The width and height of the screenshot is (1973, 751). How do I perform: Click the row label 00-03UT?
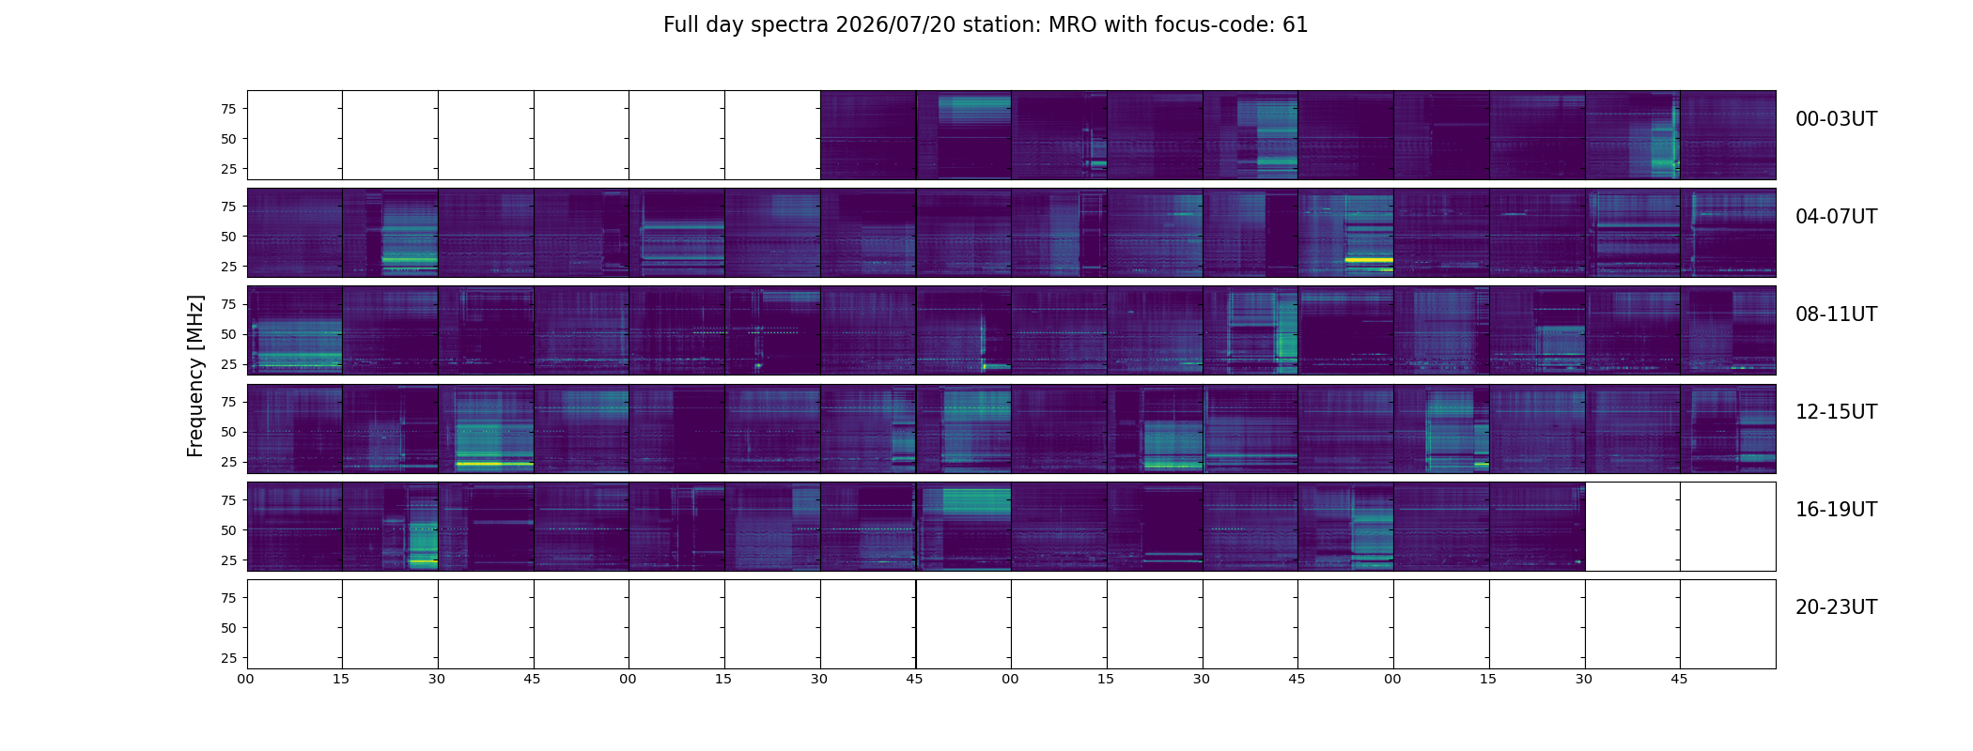pyautogui.click(x=1836, y=119)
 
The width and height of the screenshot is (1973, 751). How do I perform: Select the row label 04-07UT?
pyautogui.click(x=1836, y=217)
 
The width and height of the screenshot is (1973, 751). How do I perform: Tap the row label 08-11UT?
pyautogui.click(x=1836, y=314)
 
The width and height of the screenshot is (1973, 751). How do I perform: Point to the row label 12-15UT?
pyautogui.click(x=1836, y=412)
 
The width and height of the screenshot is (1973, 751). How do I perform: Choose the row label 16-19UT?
pyautogui.click(x=1836, y=510)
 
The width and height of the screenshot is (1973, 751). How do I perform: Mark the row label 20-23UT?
pyautogui.click(x=1836, y=607)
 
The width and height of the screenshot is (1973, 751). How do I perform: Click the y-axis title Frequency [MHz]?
pyautogui.click(x=195, y=376)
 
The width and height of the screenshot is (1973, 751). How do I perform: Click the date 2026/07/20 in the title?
pyautogui.click(x=896, y=25)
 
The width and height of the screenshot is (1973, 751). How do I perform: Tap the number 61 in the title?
pyautogui.click(x=1296, y=25)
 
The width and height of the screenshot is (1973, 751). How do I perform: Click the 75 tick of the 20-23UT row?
pyautogui.click(x=228, y=598)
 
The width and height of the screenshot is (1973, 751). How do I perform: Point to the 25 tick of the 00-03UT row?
pyautogui.click(x=228, y=169)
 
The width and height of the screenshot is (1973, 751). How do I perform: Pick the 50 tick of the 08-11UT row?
pyautogui.click(x=228, y=334)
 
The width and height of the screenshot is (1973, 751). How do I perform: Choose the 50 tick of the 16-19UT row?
pyautogui.click(x=228, y=530)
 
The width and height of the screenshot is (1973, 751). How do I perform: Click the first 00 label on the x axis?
pyautogui.click(x=246, y=679)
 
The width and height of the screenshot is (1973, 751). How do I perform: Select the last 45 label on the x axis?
pyautogui.click(x=1679, y=679)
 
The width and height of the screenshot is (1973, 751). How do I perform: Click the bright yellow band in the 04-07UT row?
pyautogui.click(x=1369, y=259)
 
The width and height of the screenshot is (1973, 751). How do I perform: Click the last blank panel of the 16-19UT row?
pyautogui.click(x=1728, y=527)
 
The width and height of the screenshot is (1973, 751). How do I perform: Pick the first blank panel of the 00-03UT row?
pyautogui.click(x=295, y=135)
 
